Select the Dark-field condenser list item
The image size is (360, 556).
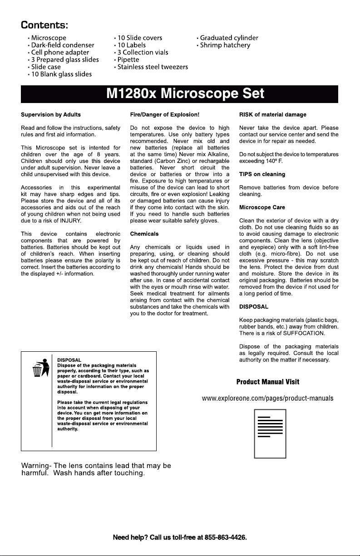coord(63,45)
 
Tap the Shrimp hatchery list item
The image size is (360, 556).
coord(225,45)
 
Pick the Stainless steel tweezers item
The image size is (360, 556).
coord(153,67)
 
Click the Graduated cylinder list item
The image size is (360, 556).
coord(229,38)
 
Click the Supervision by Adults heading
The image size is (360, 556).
coord(51,114)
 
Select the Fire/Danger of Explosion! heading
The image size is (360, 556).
coord(165,114)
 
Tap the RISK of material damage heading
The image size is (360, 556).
coord(272,114)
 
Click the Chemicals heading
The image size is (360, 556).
coord(144,234)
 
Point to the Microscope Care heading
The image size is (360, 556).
coord(262,207)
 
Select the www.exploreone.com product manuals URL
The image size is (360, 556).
coord(267,399)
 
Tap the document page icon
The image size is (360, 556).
coord(270,433)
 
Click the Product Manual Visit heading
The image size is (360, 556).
coord(267,382)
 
